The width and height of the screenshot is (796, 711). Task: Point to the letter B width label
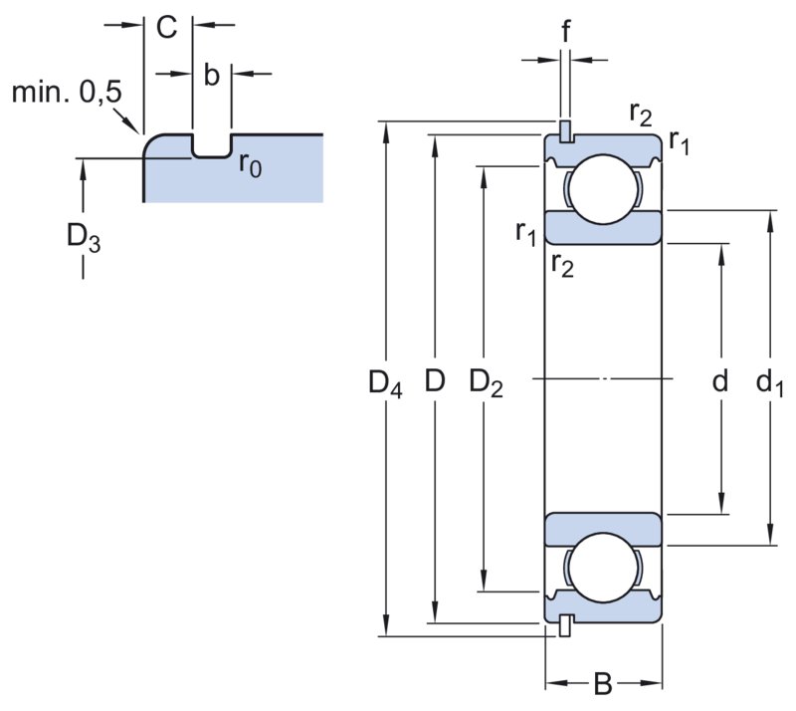click(x=602, y=685)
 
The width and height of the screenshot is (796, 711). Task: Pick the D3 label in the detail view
click(x=84, y=240)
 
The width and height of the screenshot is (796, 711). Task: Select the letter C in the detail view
click(x=166, y=28)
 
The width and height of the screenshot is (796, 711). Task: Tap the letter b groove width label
click(x=210, y=77)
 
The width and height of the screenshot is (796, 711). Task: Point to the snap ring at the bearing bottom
click(x=565, y=624)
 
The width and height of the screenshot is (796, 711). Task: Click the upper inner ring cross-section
click(x=602, y=227)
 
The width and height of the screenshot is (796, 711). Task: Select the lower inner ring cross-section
click(x=602, y=528)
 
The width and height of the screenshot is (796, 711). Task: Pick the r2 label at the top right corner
click(x=641, y=115)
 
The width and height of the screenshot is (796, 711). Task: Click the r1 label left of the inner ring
click(x=526, y=234)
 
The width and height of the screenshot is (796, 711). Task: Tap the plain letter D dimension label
click(x=434, y=381)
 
